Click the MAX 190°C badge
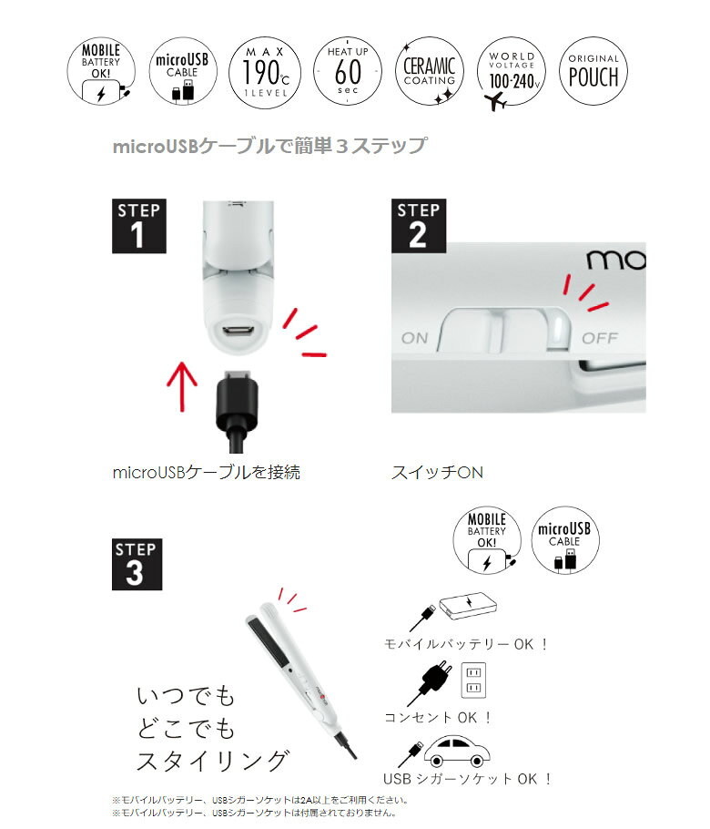coord(265,73)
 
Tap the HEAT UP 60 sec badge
coord(348,71)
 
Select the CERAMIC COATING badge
coord(429,71)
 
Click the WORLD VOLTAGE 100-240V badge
coord(511,71)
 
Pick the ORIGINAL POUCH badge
coord(593,71)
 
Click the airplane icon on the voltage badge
coord(496,100)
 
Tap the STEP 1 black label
coord(139,226)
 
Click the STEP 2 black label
coord(419,226)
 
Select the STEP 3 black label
coord(137,564)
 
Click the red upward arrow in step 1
coord(182,386)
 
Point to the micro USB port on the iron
coord(238,333)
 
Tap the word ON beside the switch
coord(415,338)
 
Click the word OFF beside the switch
coord(600,338)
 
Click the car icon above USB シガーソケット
coord(456,752)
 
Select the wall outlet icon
coord(474,681)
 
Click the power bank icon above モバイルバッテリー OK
coord(468,606)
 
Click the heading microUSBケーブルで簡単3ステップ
coord(270,146)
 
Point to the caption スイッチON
coord(438,472)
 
